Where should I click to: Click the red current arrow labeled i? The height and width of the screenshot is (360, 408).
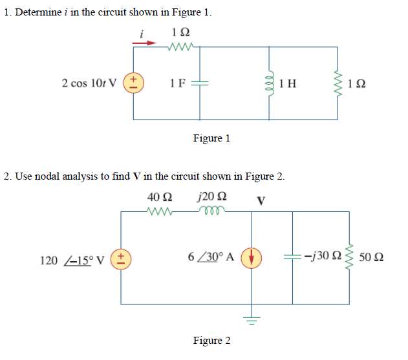pyautogui.click(x=144, y=44)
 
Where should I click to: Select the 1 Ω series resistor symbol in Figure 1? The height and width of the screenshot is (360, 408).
pyautogui.click(x=177, y=47)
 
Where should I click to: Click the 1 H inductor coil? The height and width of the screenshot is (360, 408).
pyautogui.click(x=272, y=83)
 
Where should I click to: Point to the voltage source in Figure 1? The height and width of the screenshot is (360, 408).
pyautogui.click(x=134, y=83)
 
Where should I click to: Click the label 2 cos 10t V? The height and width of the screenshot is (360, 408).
pyautogui.click(x=89, y=83)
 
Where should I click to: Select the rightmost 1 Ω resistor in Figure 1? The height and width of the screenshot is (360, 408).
pyautogui.click(x=336, y=83)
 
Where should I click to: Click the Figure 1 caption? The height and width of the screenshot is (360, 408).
pyautogui.click(x=211, y=138)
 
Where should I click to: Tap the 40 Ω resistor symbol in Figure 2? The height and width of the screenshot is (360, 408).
pyautogui.click(x=159, y=211)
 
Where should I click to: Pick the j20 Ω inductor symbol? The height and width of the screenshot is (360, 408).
pyautogui.click(x=210, y=211)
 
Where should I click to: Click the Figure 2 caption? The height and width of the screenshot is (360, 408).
pyautogui.click(x=211, y=341)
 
